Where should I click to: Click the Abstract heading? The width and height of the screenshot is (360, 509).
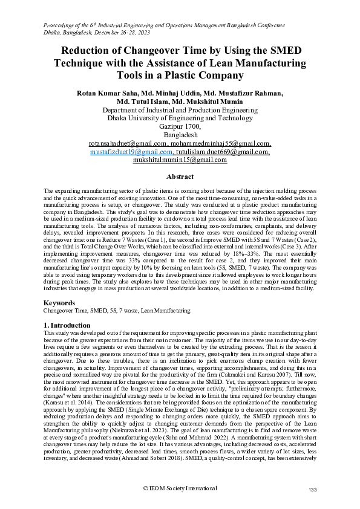[180, 177]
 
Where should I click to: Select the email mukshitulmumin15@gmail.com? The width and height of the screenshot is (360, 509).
[180, 160]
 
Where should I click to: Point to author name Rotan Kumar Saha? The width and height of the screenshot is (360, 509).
[108, 94]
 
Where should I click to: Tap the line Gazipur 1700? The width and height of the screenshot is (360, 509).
[180, 127]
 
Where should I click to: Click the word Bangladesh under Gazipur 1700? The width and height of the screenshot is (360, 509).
[180, 135]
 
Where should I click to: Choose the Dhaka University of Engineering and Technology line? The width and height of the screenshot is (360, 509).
[180, 119]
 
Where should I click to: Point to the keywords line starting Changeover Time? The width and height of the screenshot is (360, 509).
[117, 311]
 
